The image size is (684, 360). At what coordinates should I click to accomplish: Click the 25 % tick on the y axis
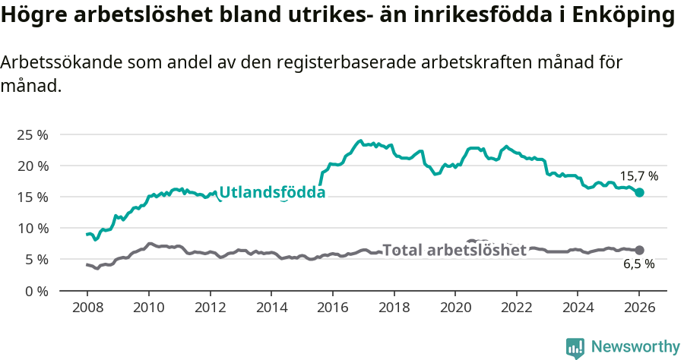[x=32, y=134]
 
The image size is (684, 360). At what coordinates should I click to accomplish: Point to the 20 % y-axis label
[x=32, y=166]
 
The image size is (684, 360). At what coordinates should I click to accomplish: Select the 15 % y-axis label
[x=32, y=197]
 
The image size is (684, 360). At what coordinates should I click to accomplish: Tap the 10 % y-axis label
[x=32, y=228]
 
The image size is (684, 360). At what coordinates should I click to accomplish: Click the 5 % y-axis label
[x=35, y=259]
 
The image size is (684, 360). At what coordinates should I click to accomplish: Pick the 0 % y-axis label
[x=35, y=291]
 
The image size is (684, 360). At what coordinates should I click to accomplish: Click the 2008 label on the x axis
[x=87, y=309]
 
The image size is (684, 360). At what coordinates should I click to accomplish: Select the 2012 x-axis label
[x=210, y=309]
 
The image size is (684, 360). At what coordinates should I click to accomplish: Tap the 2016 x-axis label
[x=332, y=309]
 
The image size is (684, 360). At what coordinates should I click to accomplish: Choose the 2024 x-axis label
[x=577, y=309]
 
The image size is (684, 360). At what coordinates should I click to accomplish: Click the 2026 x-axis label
[x=638, y=309]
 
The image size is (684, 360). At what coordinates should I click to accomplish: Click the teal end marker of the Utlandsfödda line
[x=639, y=193]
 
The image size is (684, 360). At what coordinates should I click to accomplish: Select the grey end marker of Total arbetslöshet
[x=639, y=250]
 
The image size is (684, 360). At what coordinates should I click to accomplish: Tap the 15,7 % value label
[x=638, y=175]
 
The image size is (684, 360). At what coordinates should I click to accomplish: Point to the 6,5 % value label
[x=638, y=265]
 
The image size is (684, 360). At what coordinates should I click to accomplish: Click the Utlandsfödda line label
[x=272, y=193]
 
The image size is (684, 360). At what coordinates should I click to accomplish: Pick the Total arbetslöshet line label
[x=454, y=250]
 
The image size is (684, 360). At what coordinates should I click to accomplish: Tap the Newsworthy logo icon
[x=575, y=348]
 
